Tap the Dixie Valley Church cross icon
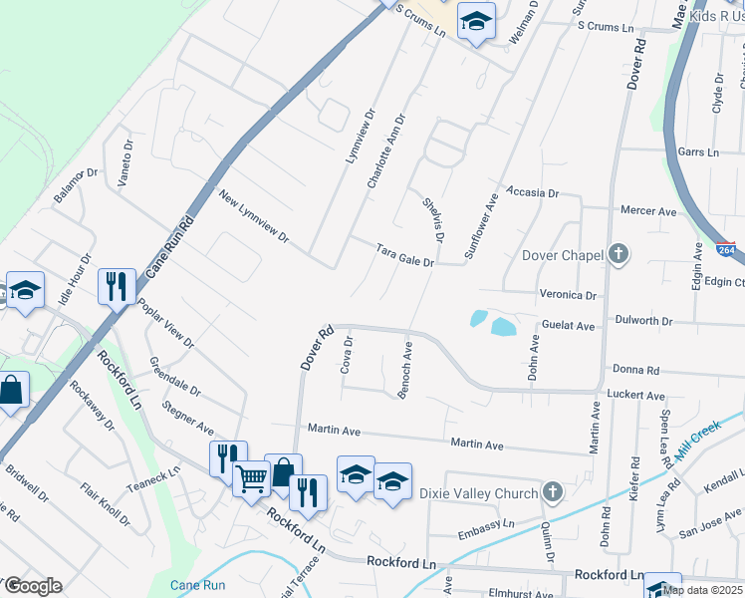pyautogui.click(x=553, y=492)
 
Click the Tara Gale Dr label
pyautogui.click(x=405, y=256)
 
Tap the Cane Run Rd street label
pyautogui.click(x=166, y=246)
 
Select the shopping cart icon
pyautogui.click(x=251, y=477)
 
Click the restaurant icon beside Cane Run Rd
pyautogui.click(x=118, y=287)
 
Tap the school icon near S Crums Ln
pyautogui.click(x=476, y=20)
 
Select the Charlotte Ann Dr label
pyautogui.click(x=384, y=151)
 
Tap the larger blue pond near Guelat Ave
pyautogui.click(x=503, y=327)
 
